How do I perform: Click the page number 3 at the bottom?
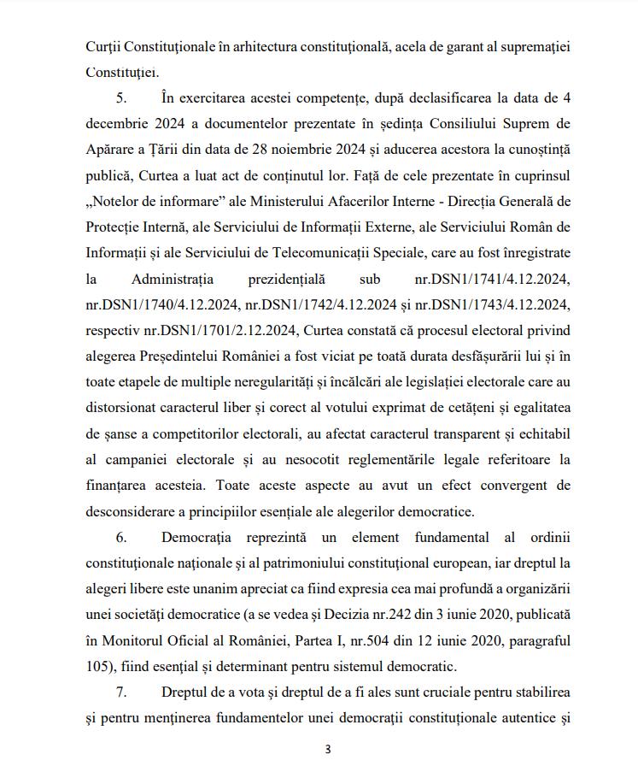pos(327,750)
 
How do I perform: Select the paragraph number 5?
pos(121,99)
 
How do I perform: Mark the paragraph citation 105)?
pos(102,666)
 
